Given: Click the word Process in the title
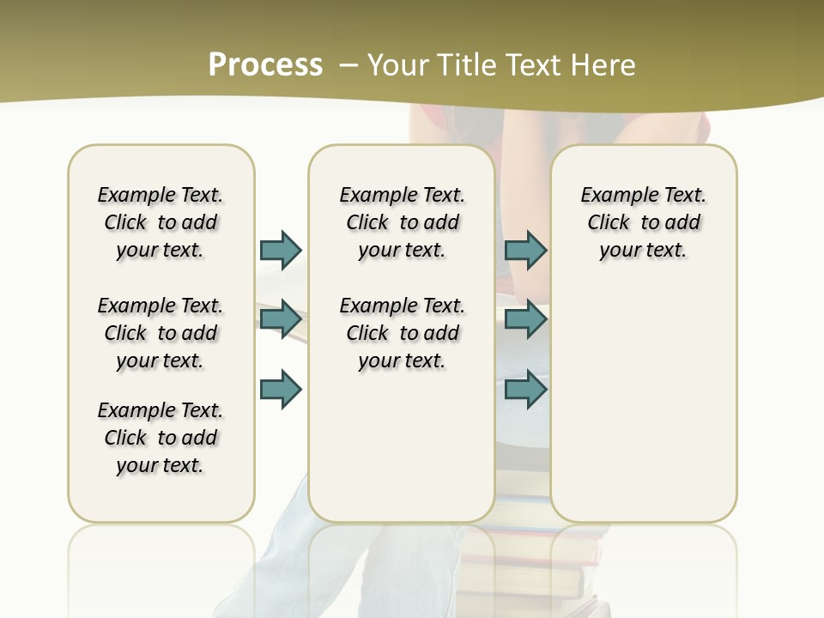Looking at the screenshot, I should [x=265, y=65].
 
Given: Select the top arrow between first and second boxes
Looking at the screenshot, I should [x=281, y=250].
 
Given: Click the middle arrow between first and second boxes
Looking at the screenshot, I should [x=281, y=319].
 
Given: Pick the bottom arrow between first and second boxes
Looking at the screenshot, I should [x=281, y=389].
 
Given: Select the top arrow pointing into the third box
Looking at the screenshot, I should [x=525, y=250].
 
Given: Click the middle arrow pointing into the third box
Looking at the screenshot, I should [x=525, y=319].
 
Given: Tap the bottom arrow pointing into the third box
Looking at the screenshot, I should [x=525, y=389].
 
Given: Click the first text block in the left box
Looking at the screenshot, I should [x=161, y=222].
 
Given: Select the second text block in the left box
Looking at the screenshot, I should [x=161, y=333].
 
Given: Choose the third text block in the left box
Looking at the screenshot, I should [x=161, y=438].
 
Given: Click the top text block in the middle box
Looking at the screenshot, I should [x=402, y=222].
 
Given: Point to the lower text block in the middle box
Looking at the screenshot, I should [x=402, y=333].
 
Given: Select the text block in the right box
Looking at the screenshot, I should [x=644, y=222].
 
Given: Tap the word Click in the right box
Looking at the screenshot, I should [x=609, y=223].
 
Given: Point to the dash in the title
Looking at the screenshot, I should [x=348, y=65].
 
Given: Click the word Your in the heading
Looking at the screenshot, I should [x=397, y=65].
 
